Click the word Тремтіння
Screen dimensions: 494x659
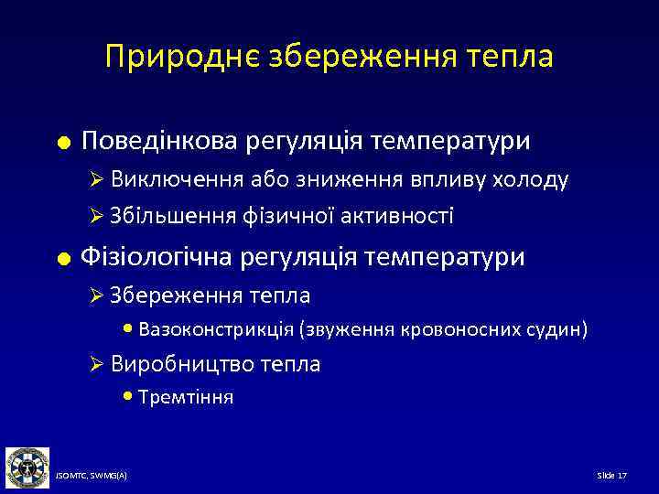pos(187,397)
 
